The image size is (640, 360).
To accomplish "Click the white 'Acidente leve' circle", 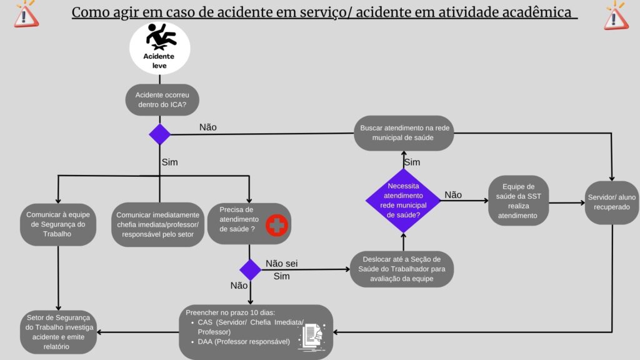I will click(x=159, y=48).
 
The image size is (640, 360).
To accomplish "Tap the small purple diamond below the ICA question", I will click(x=159, y=134).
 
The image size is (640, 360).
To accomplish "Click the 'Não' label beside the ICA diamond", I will click(x=207, y=127).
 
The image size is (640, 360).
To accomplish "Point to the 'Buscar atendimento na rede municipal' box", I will click(x=403, y=132).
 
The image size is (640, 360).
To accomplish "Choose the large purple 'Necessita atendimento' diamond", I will click(x=403, y=200).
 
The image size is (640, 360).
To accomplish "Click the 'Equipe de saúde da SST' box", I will click(x=518, y=201).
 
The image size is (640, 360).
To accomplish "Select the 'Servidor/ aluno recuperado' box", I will click(x=612, y=201).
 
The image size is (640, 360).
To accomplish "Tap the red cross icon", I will click(x=276, y=225).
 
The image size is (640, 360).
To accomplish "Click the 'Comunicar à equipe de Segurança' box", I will click(x=58, y=224).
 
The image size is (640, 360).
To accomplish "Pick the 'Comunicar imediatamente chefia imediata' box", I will click(x=159, y=224).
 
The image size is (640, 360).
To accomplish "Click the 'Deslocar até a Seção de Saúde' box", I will click(x=401, y=269).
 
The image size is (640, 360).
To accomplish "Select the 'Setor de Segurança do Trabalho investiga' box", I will click(x=58, y=331).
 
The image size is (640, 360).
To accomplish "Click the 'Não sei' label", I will click(x=282, y=263).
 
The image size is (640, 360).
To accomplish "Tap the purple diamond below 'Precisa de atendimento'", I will click(x=250, y=269).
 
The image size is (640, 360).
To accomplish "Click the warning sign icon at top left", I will click(x=26, y=14).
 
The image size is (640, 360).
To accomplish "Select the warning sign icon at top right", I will click(x=615, y=15).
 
